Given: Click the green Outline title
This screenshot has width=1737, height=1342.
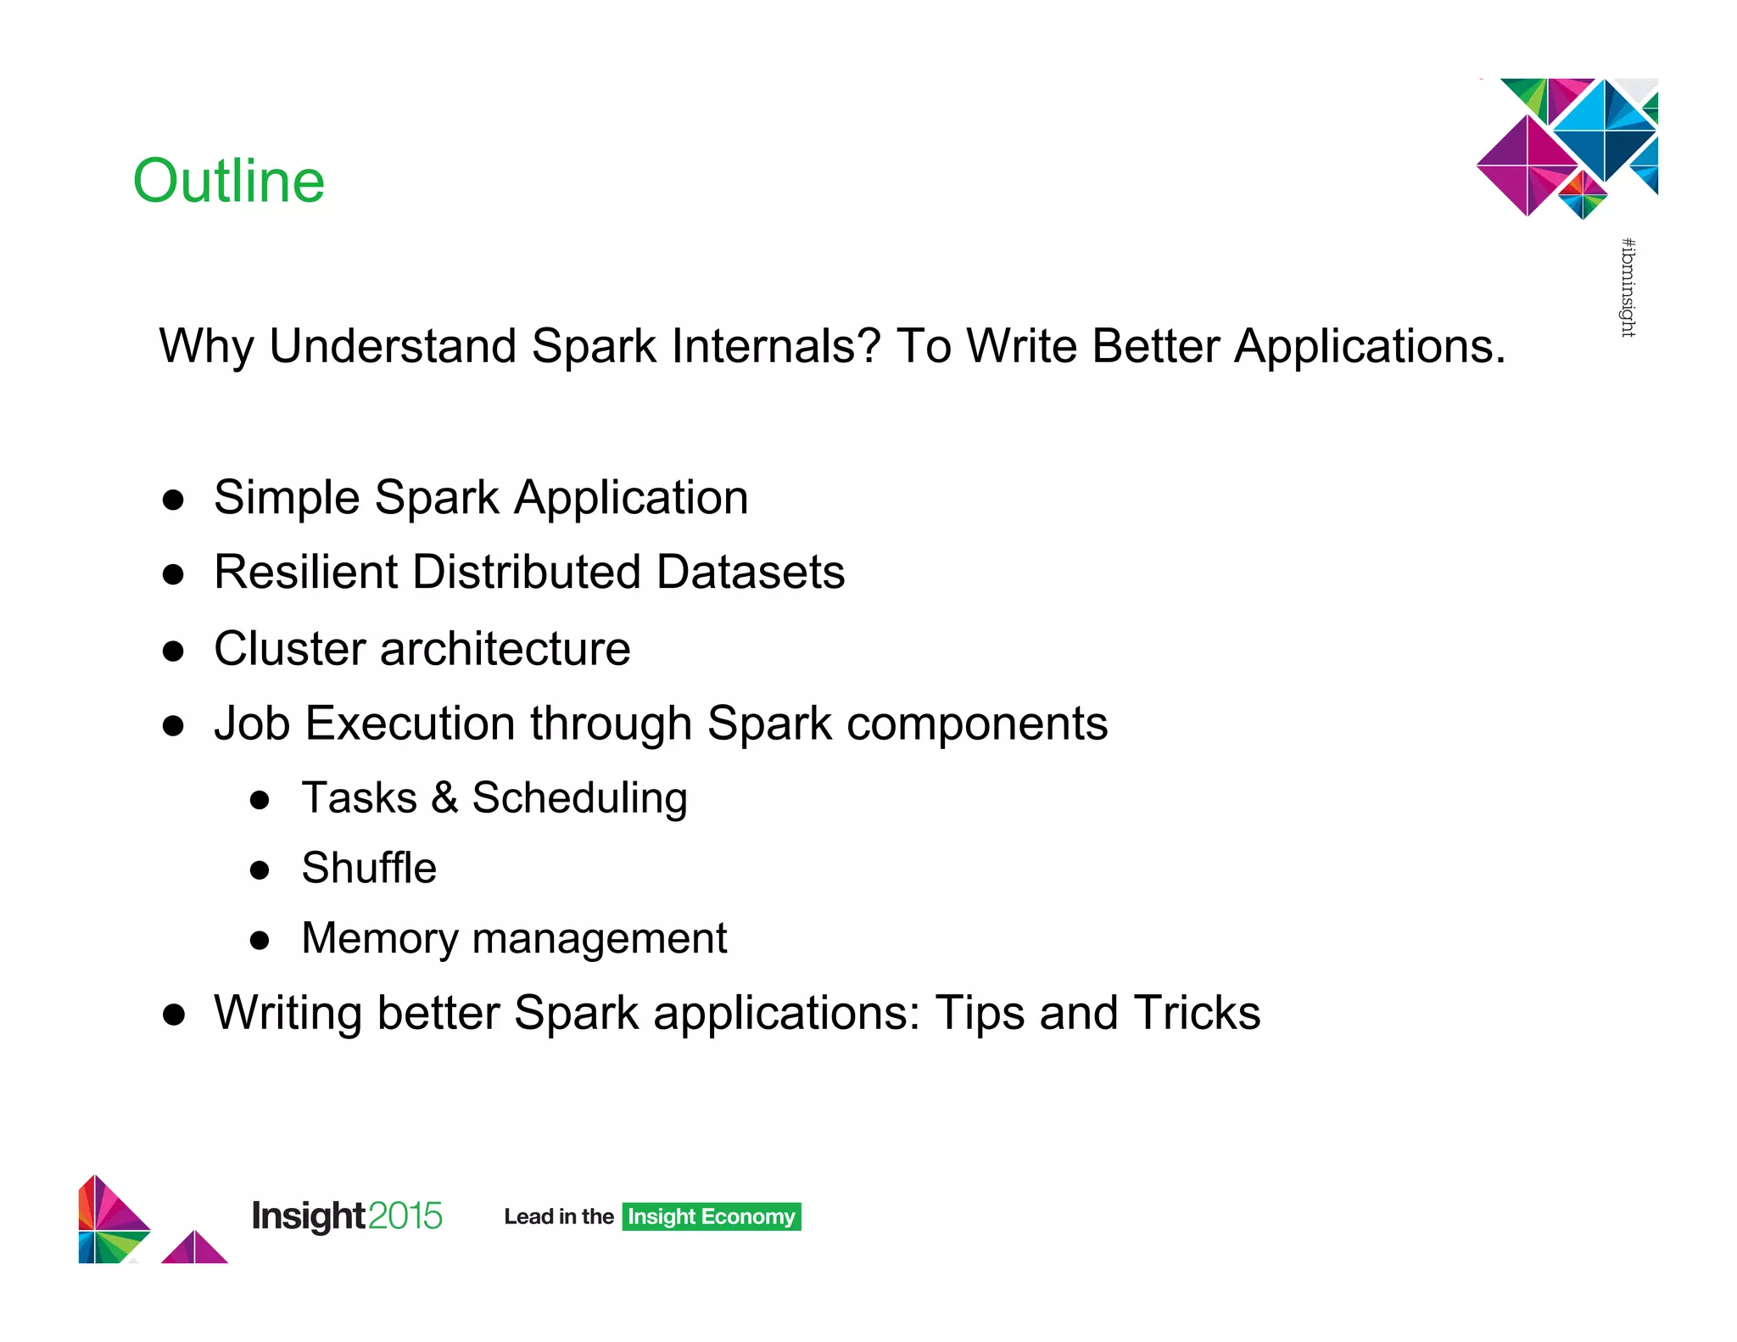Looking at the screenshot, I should [x=229, y=181].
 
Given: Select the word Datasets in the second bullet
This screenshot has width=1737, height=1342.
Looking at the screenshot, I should [x=751, y=572].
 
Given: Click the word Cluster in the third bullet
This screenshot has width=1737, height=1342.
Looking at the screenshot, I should [x=288, y=649].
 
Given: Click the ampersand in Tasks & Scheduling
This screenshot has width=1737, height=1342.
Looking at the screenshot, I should [x=444, y=798].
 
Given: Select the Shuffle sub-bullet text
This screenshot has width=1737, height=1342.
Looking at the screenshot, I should [x=369, y=868].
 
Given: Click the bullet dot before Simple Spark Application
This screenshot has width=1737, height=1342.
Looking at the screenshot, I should [x=174, y=500].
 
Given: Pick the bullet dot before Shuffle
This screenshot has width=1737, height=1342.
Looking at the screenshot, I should [x=260, y=870].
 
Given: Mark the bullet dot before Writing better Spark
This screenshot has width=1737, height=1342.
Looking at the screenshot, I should [x=174, y=1015].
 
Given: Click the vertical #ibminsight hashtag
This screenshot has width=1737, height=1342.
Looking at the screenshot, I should [x=1628, y=288].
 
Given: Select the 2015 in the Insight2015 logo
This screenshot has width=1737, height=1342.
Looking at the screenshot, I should [x=405, y=1216].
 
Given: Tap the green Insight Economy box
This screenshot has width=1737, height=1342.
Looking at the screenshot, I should [x=711, y=1216].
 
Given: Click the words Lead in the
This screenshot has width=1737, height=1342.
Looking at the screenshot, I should [x=558, y=1216].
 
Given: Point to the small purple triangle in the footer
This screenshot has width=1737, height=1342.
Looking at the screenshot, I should [x=194, y=1249].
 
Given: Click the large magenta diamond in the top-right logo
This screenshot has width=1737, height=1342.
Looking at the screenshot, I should [x=1527, y=165].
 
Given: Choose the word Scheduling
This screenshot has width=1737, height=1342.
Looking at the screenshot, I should [x=579, y=798].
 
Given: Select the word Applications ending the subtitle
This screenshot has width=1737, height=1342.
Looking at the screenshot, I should [x=1368, y=346].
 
